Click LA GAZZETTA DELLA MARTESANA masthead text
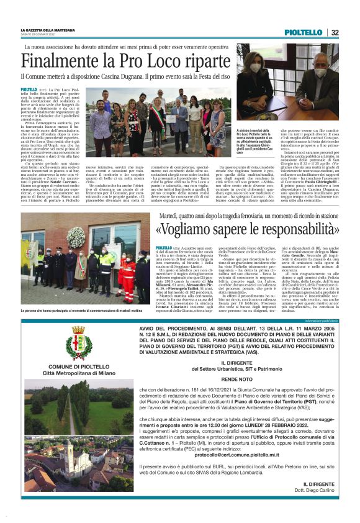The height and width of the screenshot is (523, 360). (x=48, y=30)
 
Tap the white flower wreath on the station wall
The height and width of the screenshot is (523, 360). (x=76, y=239)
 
